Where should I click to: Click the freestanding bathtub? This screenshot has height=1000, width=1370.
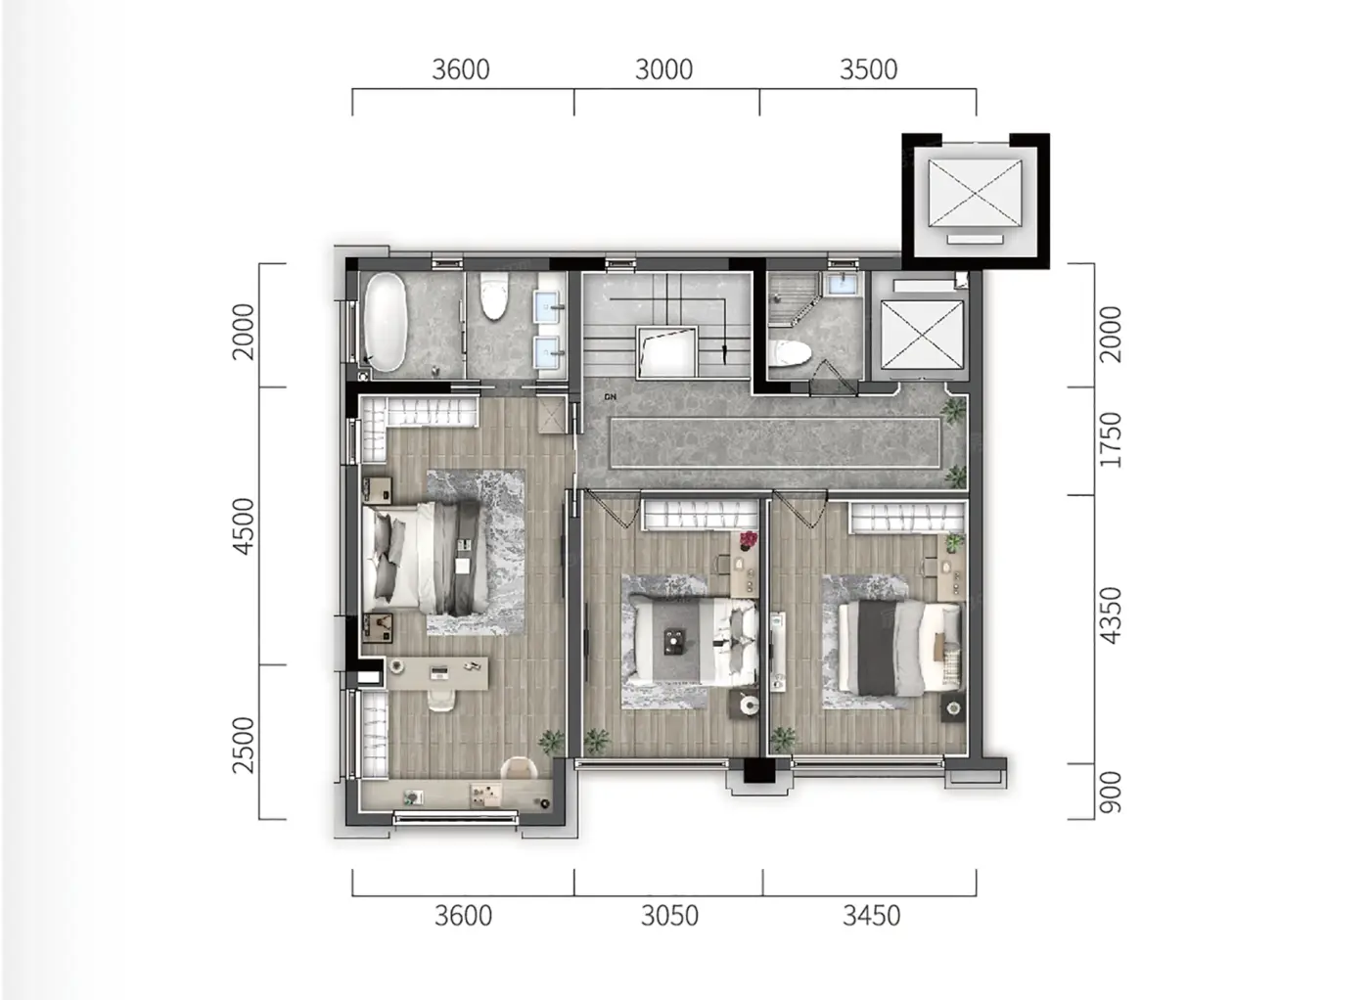(386, 322)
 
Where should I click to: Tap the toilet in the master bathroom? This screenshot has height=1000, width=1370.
(494, 296)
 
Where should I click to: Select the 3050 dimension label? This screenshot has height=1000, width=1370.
(669, 916)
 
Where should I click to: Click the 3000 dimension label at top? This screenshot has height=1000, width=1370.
(663, 69)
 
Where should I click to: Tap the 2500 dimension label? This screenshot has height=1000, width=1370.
(244, 745)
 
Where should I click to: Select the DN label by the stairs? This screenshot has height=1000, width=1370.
(610, 397)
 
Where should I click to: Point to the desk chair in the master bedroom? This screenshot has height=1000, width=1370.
(441, 700)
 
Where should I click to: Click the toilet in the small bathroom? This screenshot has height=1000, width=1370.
(791, 353)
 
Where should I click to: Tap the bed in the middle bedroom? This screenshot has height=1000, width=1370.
(694, 641)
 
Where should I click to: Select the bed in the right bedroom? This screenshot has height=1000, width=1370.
(899, 648)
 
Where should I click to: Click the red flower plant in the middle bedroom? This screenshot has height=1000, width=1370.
(748, 540)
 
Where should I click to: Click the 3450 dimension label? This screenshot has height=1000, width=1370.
(872, 916)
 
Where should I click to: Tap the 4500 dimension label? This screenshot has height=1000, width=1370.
(244, 526)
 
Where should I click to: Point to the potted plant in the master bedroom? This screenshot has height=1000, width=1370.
(551, 742)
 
